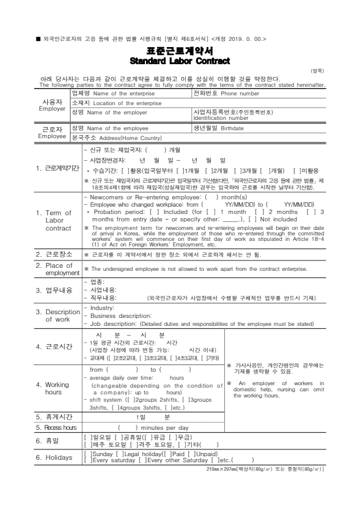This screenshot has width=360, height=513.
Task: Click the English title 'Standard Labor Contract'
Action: click(x=180, y=61)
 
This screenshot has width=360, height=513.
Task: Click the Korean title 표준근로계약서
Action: click(x=180, y=52)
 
